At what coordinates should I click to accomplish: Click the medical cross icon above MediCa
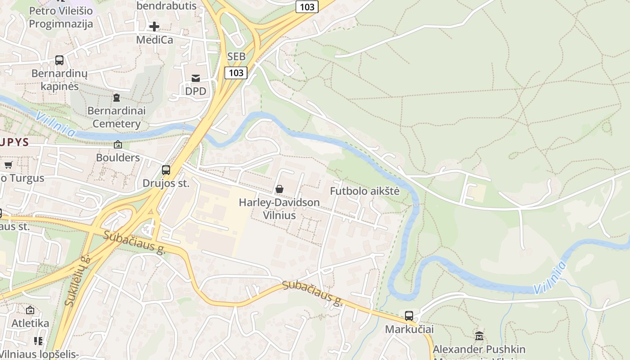pos(154,26)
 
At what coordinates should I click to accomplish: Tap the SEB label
pos(237,56)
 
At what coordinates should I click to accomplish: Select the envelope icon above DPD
pos(196,78)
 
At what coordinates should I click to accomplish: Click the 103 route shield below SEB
pos(236,72)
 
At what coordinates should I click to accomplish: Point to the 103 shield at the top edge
pos(307,7)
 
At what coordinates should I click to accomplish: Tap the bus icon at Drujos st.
pos(166,170)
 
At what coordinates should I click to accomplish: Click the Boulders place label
pos(118,157)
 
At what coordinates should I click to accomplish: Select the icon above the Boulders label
pos(118,144)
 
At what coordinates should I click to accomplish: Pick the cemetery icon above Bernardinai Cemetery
pos(117,97)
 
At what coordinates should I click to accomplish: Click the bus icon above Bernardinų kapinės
pos(59,60)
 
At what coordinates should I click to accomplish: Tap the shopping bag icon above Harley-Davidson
pos(279,189)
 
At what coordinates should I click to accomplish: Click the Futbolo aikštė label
pos(364,191)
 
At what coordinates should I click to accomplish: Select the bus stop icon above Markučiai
pos(409,316)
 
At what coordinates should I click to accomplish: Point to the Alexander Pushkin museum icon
pos(479,336)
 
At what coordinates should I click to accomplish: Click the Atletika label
pos(30,323)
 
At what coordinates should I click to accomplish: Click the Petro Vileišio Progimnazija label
pos(61,17)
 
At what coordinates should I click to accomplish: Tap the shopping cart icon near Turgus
pos(8,165)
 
